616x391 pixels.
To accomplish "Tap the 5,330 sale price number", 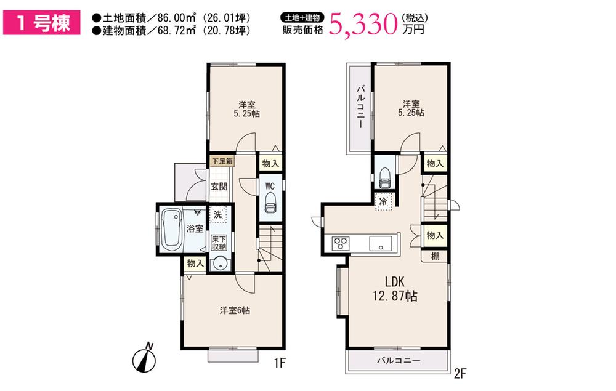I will (363, 23).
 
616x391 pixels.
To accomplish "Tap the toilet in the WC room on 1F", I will (270, 202).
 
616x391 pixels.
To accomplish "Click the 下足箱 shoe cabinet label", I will (222, 161).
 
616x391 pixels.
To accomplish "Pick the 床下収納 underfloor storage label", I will (219, 243).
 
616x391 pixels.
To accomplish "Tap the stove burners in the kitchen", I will (341, 243).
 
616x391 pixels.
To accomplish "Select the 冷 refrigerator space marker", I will (383, 201).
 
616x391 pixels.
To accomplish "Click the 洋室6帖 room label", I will (235, 310).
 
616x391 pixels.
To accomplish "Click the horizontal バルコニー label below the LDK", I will (399, 360).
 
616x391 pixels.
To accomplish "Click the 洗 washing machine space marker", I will (218, 215).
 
